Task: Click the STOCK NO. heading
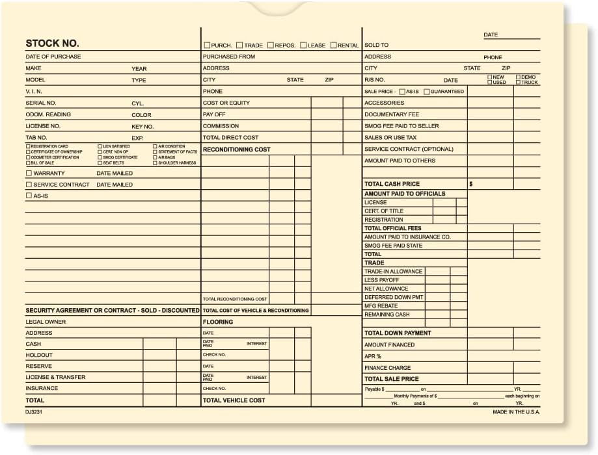tap(52, 44)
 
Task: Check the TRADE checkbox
tap(239, 45)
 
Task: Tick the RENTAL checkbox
tap(333, 45)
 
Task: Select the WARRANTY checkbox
tap(29, 174)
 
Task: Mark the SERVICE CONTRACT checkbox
tap(29, 185)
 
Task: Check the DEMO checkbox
tap(519, 77)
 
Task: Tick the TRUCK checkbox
tap(519, 83)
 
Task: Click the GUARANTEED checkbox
tap(426, 92)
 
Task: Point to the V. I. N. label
tap(34, 92)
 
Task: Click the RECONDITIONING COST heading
tap(236, 149)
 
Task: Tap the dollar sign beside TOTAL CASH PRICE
tap(470, 184)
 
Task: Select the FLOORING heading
tap(217, 322)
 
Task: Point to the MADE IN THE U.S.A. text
tap(516, 411)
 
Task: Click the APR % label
tap(373, 356)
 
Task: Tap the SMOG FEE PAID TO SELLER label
tap(401, 126)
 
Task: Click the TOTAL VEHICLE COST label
tap(234, 400)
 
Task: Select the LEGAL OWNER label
tap(46, 322)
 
